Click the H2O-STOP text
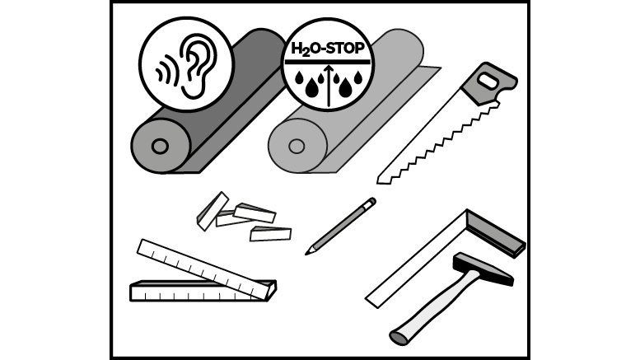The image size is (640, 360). (327, 49)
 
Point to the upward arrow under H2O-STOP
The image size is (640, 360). (329, 86)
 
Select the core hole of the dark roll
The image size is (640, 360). (160, 146)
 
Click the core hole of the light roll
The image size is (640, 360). (297, 146)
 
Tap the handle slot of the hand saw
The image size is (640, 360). (488, 80)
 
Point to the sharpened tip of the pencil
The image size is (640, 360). (307, 253)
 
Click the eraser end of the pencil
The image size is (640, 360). (372, 201)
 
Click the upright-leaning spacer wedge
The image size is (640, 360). (213, 211)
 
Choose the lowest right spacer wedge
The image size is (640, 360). (270, 234)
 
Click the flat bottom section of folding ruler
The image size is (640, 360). (196, 292)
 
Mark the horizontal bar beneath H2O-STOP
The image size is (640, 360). (327, 62)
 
